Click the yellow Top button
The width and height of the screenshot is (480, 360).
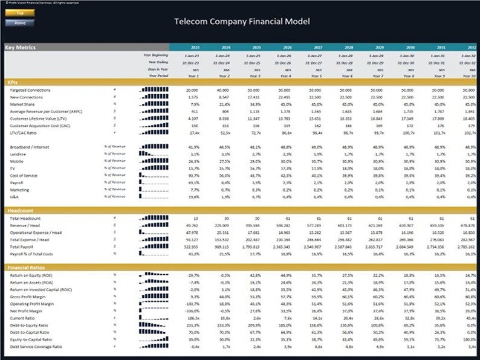(20, 13)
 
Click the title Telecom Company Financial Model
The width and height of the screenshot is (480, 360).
(242, 21)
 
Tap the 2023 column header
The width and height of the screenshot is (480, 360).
(195, 47)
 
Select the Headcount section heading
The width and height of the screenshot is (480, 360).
(19, 210)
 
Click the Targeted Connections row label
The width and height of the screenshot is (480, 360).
(30, 91)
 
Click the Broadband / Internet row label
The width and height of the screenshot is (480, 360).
(30, 147)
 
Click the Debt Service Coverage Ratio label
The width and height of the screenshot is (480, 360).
(36, 347)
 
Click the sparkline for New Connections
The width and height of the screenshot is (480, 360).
(154, 97)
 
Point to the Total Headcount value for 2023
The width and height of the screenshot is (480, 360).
(195, 218)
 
